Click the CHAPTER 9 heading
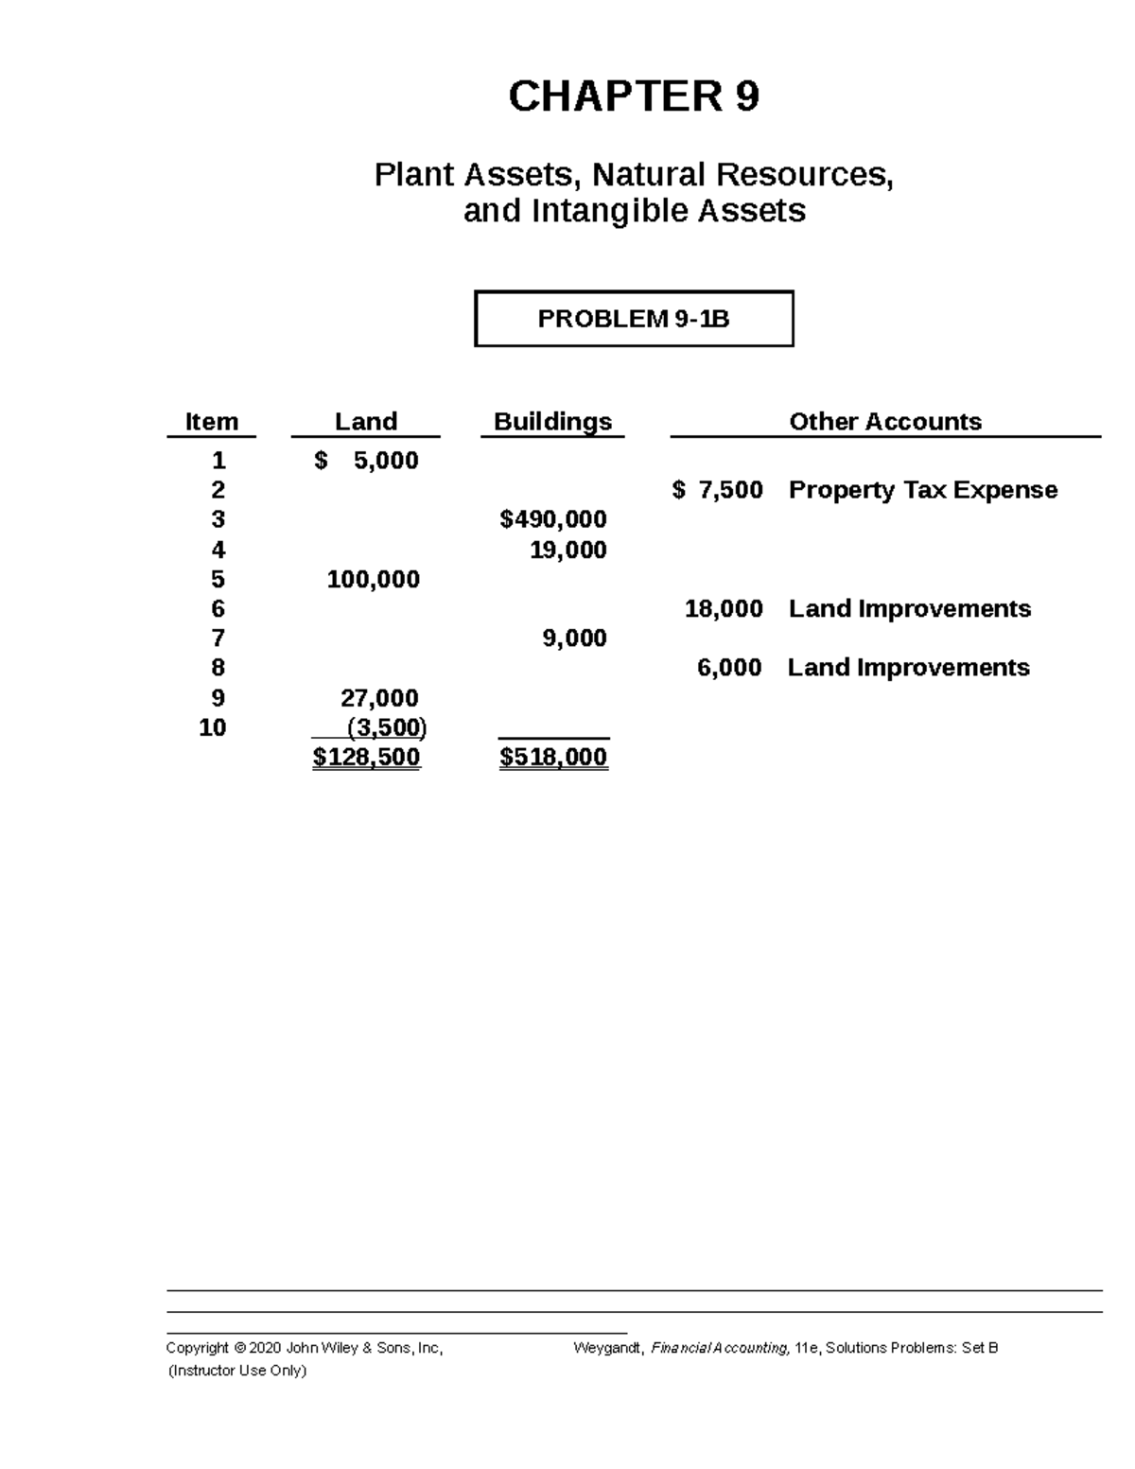click(x=633, y=96)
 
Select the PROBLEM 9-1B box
click(x=633, y=319)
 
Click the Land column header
click(x=365, y=422)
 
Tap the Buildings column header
click(x=552, y=422)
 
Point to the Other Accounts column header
click(x=884, y=422)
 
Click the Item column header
click(x=211, y=422)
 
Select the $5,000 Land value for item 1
click(x=366, y=461)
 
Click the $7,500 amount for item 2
click(x=718, y=490)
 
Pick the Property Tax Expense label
click(x=922, y=490)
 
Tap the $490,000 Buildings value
click(x=553, y=519)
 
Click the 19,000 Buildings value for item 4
click(x=567, y=550)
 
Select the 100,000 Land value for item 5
click(x=373, y=579)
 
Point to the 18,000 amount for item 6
click(x=724, y=608)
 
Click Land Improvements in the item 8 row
click(x=908, y=668)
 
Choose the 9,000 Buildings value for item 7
click(x=574, y=638)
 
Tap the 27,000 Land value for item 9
click(x=379, y=698)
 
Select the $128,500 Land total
click(x=366, y=757)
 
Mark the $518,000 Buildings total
click(x=553, y=757)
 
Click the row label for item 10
click(x=213, y=727)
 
